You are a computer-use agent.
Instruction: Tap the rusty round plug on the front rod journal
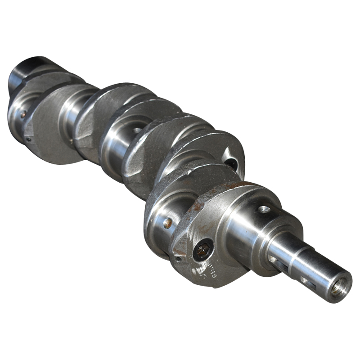pos(167,223)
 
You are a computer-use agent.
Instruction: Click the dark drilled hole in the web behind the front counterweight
pos(231,163)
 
